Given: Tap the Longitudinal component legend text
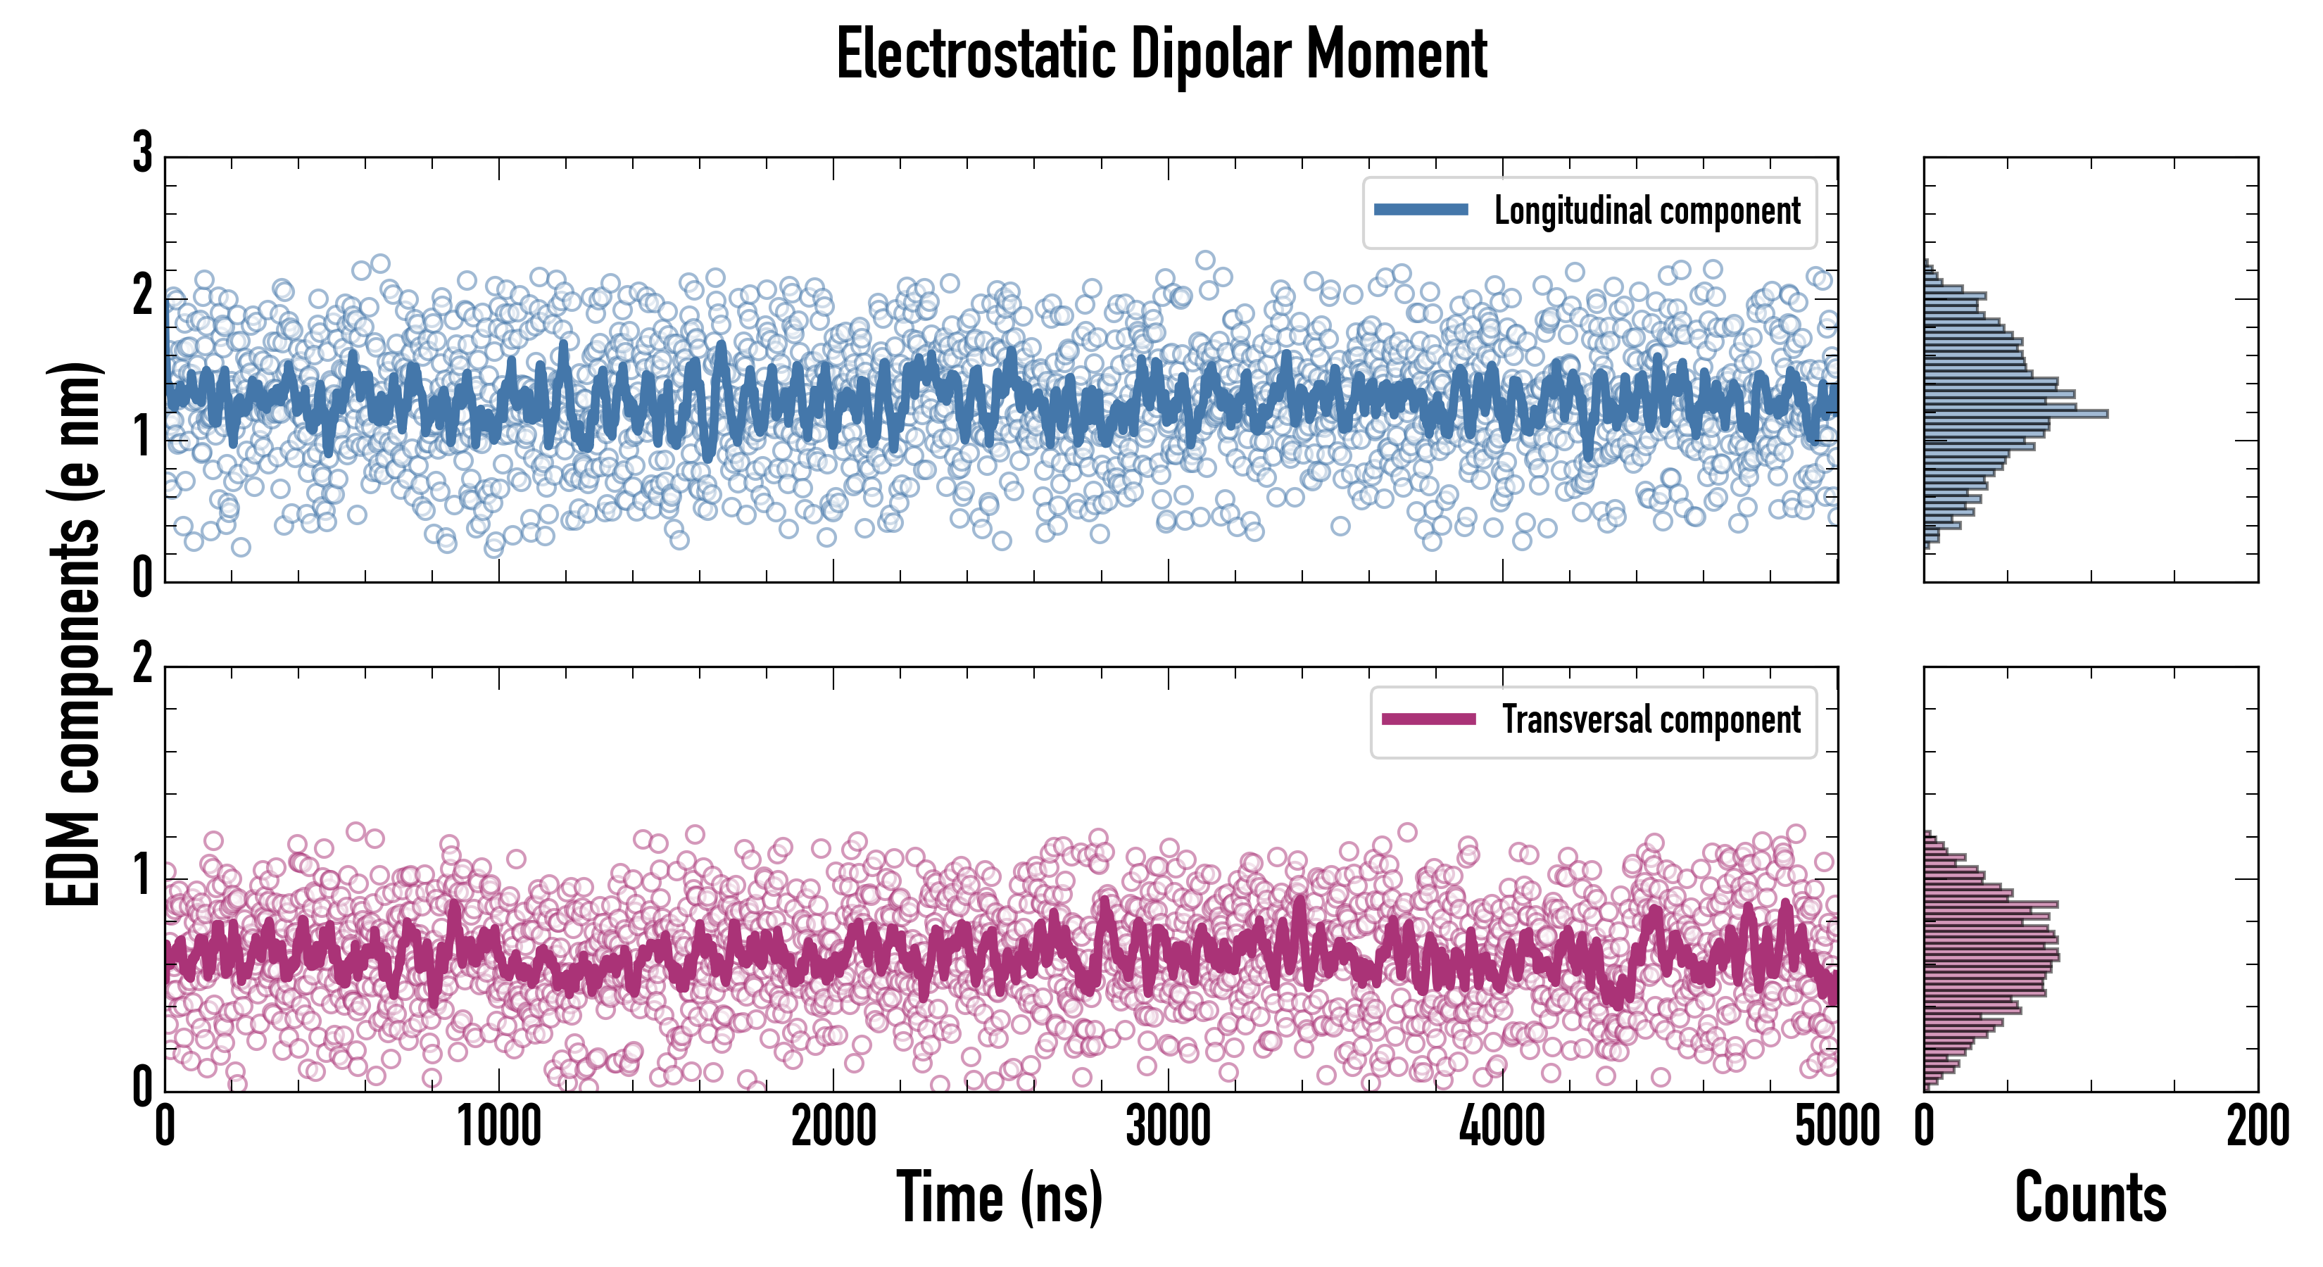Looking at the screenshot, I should (1647, 211).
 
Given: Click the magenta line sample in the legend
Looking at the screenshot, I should (1428, 719).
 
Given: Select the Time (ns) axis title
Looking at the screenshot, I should (999, 1197).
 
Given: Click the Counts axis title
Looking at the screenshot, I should (2090, 1197).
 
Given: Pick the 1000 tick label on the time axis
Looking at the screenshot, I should (498, 1127).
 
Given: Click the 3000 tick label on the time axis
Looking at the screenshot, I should (1168, 1127).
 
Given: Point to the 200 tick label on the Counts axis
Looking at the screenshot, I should (2257, 1127).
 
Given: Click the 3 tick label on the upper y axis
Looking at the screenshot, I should (142, 153).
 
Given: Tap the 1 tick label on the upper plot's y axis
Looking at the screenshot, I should (142, 439).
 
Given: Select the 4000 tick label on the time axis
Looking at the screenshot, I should (1502, 1127).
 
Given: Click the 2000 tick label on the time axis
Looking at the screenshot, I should (833, 1127).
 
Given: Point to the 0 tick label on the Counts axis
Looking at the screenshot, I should (1925, 1127).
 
